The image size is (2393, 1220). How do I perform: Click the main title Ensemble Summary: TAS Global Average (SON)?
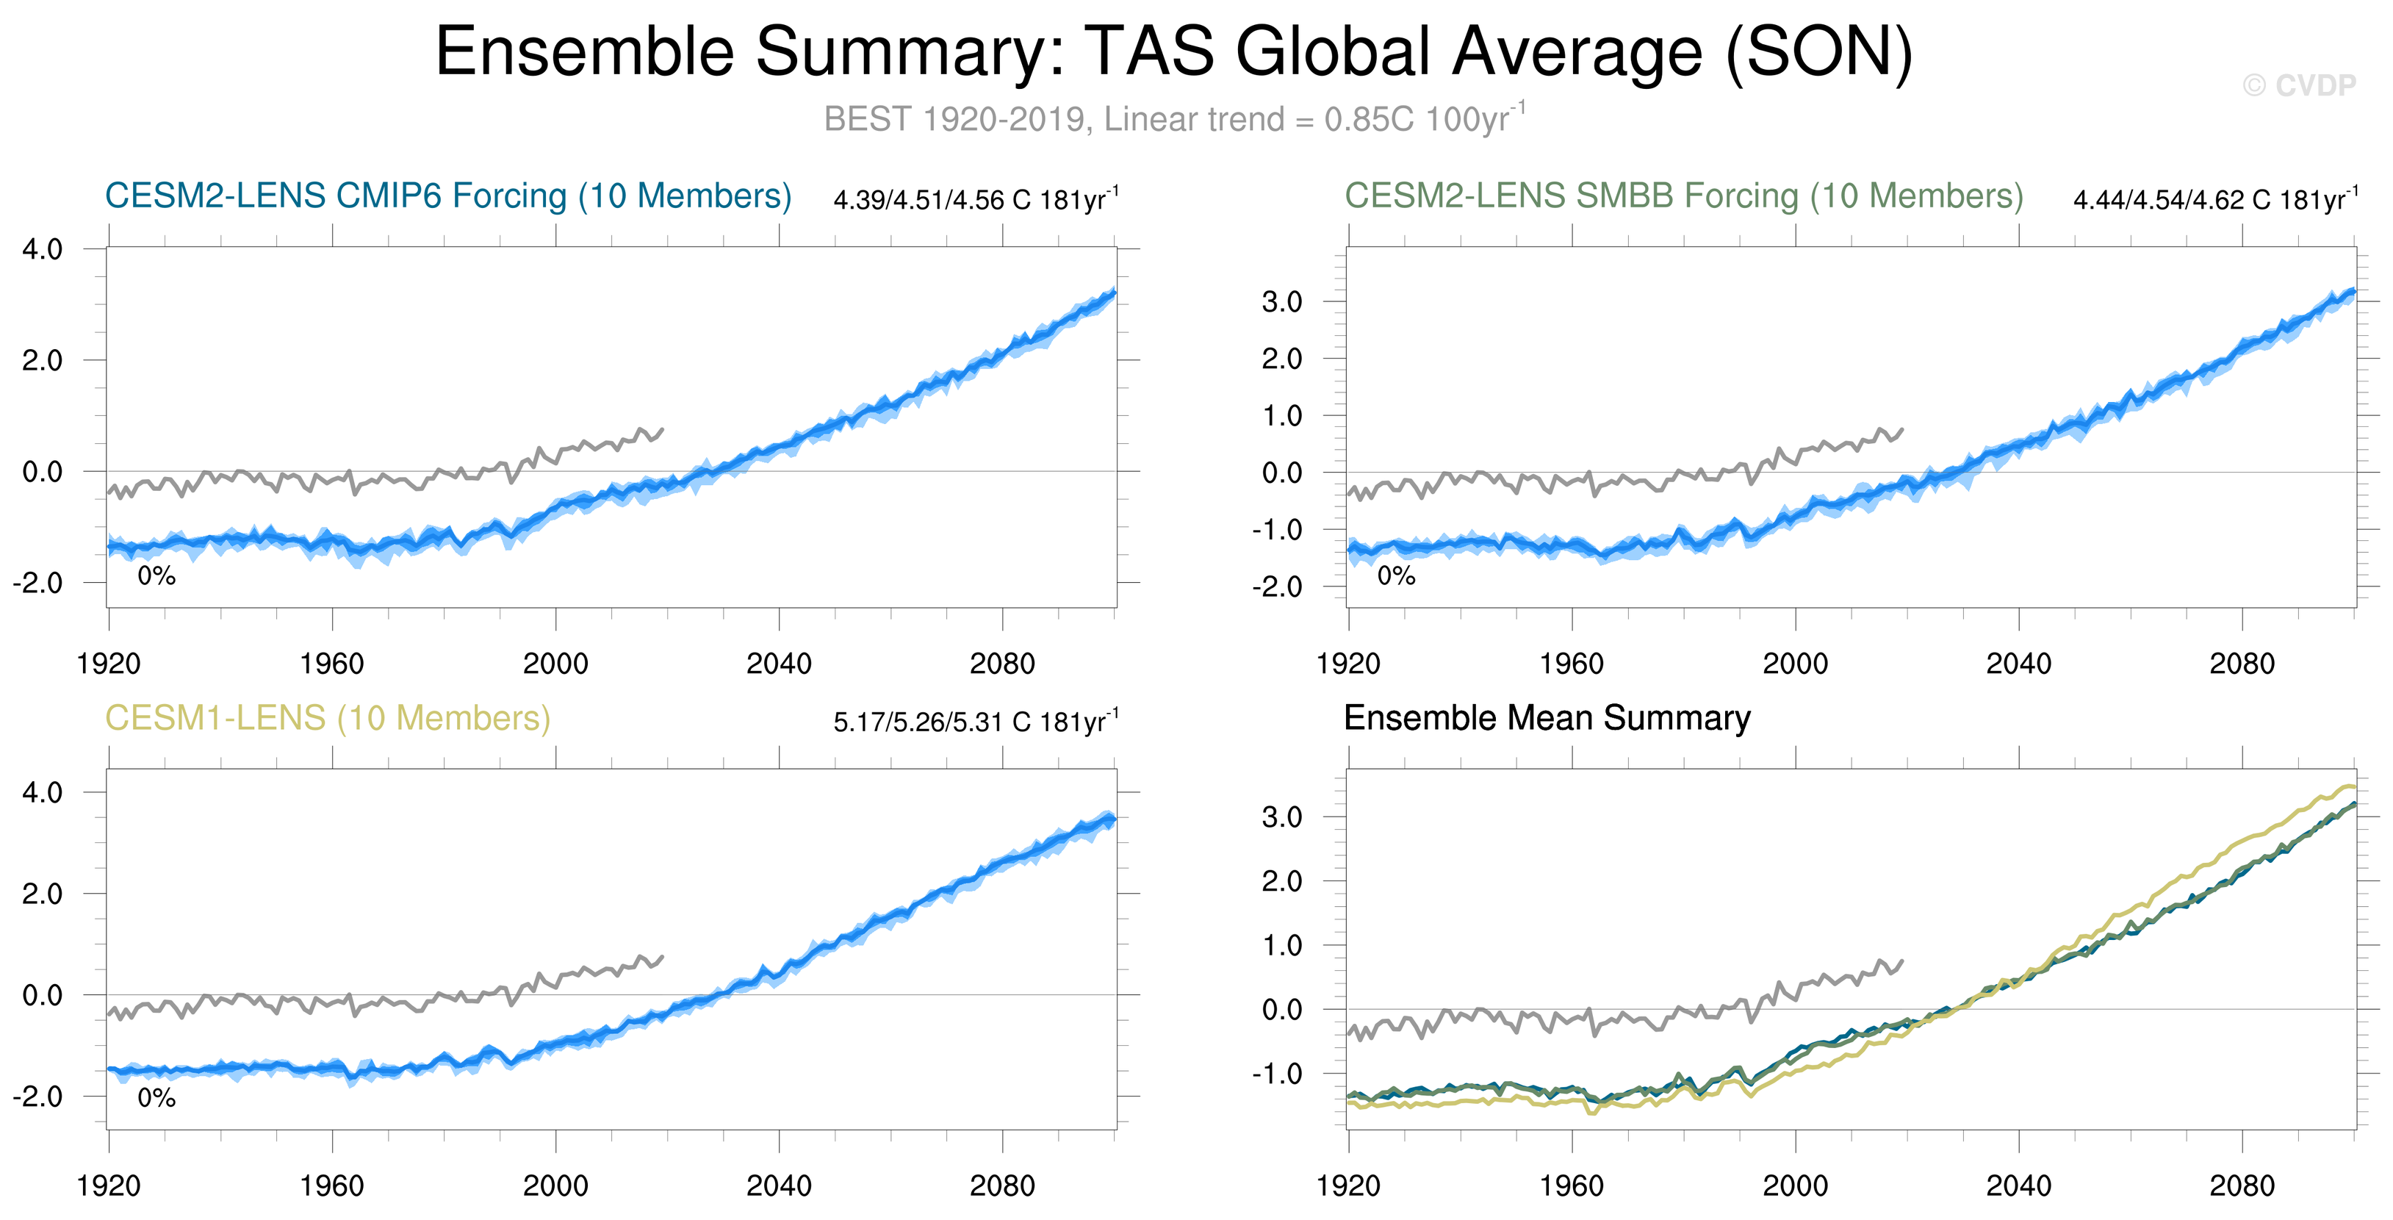[x=1173, y=51]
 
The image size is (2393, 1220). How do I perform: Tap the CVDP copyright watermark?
[x=2298, y=85]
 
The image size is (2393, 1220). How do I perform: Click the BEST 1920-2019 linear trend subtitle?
[x=1173, y=119]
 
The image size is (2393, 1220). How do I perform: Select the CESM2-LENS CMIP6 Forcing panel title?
[x=447, y=196]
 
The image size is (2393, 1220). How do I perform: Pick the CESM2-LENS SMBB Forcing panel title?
[x=1683, y=196]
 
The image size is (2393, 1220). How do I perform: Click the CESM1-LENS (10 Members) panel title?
[x=327, y=718]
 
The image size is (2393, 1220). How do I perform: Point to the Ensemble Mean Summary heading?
[x=1547, y=718]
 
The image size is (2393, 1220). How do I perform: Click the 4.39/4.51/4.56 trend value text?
[x=976, y=200]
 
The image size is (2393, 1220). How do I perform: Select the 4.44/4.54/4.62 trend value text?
[x=2214, y=200]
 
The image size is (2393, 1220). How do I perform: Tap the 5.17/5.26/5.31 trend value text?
[x=976, y=722]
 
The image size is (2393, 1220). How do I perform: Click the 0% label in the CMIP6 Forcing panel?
[x=156, y=576]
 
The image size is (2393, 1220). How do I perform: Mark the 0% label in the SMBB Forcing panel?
[x=1395, y=576]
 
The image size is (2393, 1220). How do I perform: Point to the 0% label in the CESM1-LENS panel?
[x=156, y=1098]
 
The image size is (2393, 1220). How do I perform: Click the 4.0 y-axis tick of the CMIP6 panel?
[x=43, y=249]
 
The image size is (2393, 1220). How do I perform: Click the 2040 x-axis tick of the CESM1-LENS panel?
[x=779, y=1185]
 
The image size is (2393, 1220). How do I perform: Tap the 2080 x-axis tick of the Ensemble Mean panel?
[x=2242, y=1185]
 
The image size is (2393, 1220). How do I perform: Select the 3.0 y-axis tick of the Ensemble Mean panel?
[x=1282, y=818]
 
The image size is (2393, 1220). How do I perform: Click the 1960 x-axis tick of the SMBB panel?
[x=1572, y=664]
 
